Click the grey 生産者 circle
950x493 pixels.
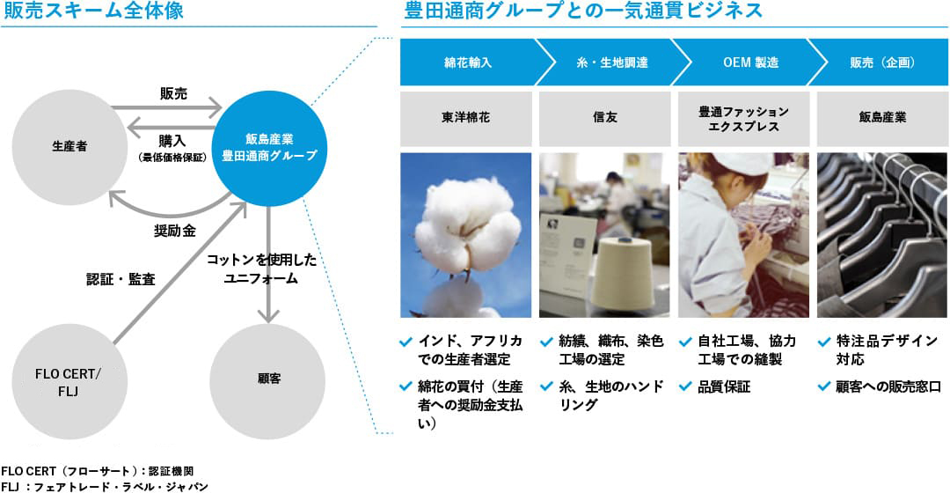(69, 147)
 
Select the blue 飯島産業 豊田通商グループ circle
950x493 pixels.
(269, 148)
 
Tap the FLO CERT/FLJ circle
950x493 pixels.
(69, 381)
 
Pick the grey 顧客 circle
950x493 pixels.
(267, 381)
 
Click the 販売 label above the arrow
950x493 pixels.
(174, 93)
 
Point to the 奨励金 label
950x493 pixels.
(174, 231)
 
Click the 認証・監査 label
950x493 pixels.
(121, 280)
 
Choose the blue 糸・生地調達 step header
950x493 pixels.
(612, 63)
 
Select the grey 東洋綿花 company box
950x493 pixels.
(466, 118)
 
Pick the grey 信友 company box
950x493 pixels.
(604, 118)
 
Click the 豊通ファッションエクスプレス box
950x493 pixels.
(743, 118)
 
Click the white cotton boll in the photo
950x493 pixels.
(467, 224)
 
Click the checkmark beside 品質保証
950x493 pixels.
(685, 386)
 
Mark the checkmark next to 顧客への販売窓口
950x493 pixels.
(824, 386)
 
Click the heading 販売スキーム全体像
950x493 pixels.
(93, 11)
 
